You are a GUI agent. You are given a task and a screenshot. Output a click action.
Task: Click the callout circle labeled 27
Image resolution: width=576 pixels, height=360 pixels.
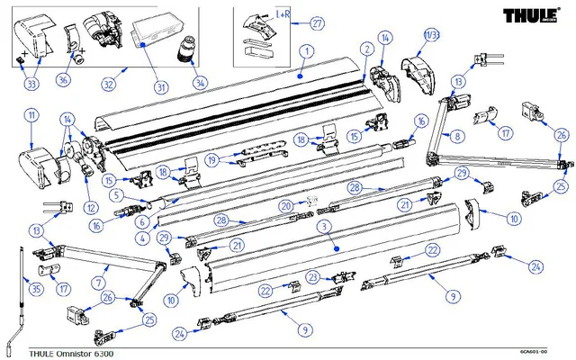(x=318, y=22)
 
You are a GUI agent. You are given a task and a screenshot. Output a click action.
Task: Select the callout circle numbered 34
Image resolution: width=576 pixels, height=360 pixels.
(x=200, y=83)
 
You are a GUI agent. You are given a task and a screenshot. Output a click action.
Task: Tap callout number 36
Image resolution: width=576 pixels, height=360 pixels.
(x=64, y=79)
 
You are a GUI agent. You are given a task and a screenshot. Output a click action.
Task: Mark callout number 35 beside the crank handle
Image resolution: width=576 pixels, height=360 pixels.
(x=36, y=290)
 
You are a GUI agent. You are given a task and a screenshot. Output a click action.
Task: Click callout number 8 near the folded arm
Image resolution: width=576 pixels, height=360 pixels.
(x=458, y=137)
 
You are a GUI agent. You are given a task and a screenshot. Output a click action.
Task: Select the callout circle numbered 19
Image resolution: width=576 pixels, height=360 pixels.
(x=211, y=160)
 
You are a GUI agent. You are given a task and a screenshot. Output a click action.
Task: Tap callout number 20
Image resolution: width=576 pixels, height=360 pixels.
(x=287, y=206)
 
